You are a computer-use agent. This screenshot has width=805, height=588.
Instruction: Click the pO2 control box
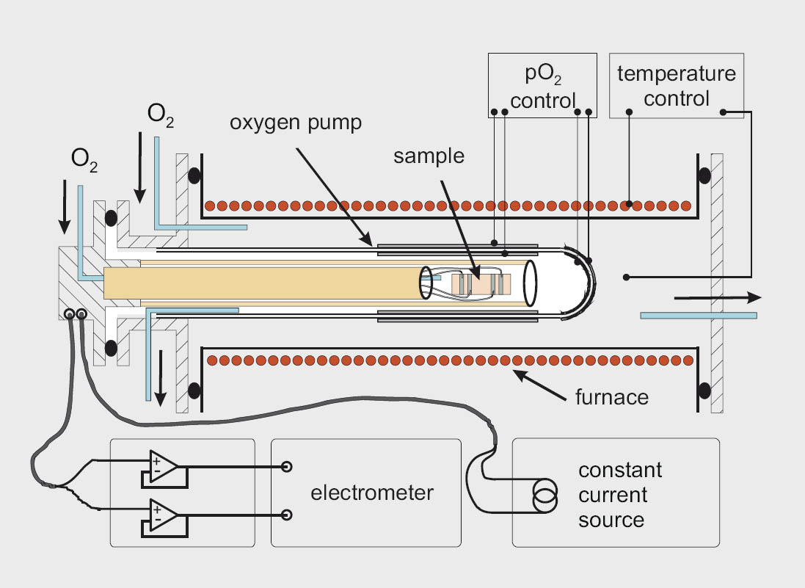coord(542,85)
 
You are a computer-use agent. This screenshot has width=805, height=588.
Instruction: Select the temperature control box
coord(677,85)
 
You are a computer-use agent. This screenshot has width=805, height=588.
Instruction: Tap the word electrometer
coord(372,493)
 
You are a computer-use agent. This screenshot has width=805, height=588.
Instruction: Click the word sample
coord(429,156)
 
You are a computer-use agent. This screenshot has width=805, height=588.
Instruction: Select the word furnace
coord(611,397)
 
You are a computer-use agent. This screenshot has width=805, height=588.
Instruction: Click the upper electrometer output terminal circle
coord(287,467)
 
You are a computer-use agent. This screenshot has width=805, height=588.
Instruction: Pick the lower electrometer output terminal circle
coord(287,515)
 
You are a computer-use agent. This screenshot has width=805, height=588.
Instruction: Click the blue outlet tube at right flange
coord(698,315)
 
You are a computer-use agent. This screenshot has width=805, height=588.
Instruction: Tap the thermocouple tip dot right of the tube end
coord(626,277)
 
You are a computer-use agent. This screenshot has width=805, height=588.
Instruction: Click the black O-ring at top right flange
coord(703,176)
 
